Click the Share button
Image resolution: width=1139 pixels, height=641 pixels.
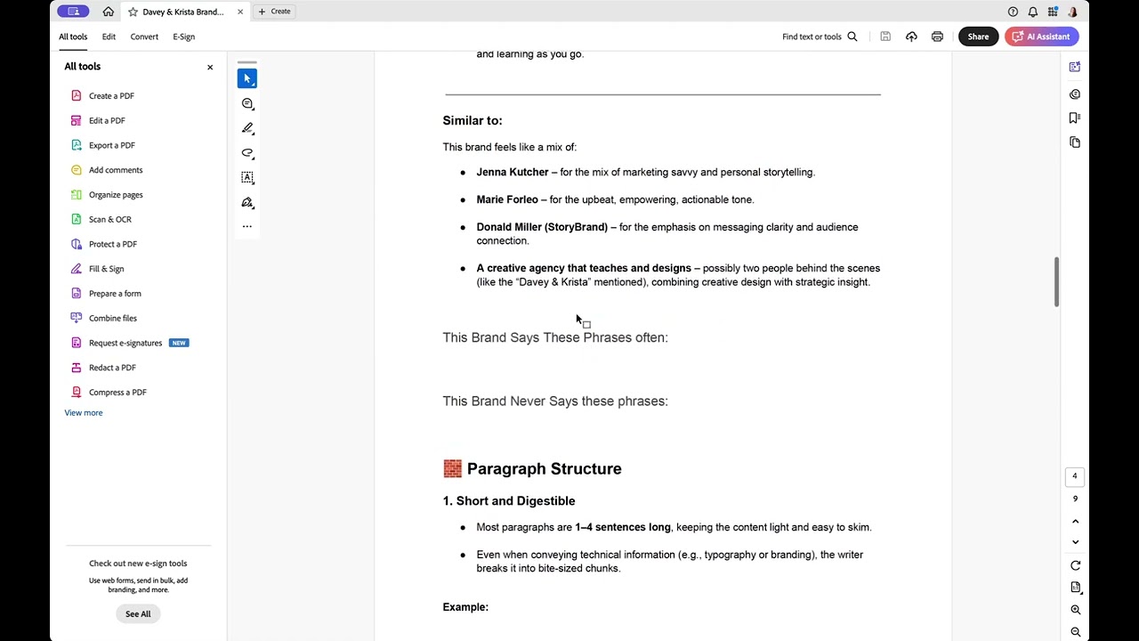978,37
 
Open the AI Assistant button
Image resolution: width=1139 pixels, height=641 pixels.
1041,37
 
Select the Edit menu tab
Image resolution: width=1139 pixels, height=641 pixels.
109,37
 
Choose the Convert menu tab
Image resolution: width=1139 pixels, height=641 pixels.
144,37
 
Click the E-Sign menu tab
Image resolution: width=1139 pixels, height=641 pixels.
183,37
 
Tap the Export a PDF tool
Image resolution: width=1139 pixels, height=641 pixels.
111,145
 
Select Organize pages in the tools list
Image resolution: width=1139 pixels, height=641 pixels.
115,194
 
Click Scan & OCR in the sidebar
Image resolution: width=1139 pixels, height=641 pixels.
109,219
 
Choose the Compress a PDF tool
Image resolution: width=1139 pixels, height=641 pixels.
117,392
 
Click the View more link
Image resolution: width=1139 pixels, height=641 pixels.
84,412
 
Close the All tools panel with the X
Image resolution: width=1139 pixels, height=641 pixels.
210,67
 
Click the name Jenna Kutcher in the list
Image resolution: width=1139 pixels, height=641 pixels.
512,172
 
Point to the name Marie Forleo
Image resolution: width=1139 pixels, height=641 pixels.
507,199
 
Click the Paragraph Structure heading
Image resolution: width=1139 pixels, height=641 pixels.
544,468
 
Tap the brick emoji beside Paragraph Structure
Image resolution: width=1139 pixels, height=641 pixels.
452,468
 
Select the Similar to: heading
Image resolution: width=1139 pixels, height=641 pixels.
473,120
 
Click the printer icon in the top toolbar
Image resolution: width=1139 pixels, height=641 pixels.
937,37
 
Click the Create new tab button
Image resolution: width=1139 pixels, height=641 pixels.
274,12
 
